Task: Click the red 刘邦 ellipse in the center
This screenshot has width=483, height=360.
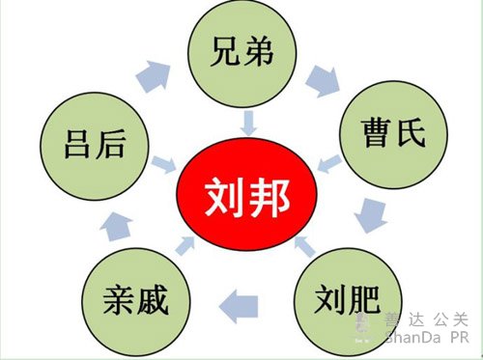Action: pyautogui.click(x=247, y=194)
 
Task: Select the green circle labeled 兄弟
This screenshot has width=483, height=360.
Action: pyautogui.click(x=242, y=53)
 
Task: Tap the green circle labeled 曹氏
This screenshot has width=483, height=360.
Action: pyautogui.click(x=393, y=134)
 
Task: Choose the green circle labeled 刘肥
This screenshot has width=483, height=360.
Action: pyautogui.click(x=348, y=302)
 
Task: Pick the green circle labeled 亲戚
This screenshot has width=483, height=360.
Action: pyautogui.click(x=136, y=302)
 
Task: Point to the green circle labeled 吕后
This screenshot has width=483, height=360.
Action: pyautogui.click(x=95, y=147)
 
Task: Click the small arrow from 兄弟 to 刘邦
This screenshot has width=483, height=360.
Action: pyautogui.click(x=249, y=124)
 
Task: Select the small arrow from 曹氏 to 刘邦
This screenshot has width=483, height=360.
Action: pyautogui.click(x=329, y=163)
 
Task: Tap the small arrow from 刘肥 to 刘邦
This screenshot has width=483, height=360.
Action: pyautogui.click(x=304, y=246)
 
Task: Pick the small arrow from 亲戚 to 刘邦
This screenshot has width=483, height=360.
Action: pyautogui.click(x=185, y=246)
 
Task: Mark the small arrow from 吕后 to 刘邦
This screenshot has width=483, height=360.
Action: pyautogui.click(x=163, y=165)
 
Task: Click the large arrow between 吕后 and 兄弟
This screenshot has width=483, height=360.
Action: pyautogui.click(x=154, y=76)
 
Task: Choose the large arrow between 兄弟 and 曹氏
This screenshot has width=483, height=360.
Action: pyautogui.click(x=323, y=81)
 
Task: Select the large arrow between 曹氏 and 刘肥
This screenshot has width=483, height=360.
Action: pyautogui.click(x=371, y=215)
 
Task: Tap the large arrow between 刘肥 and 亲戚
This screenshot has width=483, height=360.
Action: pyautogui.click(x=239, y=306)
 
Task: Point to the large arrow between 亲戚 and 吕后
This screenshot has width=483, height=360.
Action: pyautogui.click(x=116, y=227)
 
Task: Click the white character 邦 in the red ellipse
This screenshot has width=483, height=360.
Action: pyautogui.click(x=270, y=197)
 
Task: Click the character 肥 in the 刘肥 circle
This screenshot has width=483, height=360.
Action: pyautogui.click(x=364, y=299)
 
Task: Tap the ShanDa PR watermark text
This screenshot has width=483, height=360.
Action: pyautogui.click(x=427, y=338)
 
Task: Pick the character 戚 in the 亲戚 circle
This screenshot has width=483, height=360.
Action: pyautogui.click(x=153, y=300)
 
